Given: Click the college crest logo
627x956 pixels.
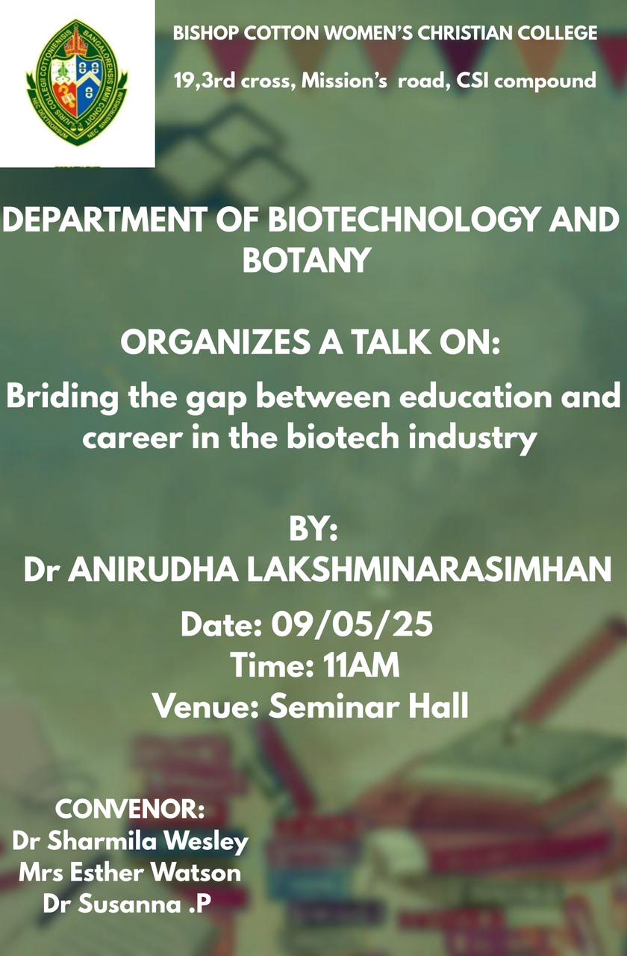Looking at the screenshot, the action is pyautogui.click(x=77, y=82).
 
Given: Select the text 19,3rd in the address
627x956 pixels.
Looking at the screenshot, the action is pyautogui.click(x=205, y=81).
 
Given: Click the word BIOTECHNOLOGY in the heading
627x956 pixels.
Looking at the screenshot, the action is pyautogui.click(x=404, y=220).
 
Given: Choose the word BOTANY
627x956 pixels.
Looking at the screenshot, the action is pyautogui.click(x=306, y=260).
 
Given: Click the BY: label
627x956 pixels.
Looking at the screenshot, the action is pyautogui.click(x=313, y=530).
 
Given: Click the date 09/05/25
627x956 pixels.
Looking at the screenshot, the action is pyautogui.click(x=352, y=624).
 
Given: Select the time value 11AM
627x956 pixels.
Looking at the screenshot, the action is pyautogui.click(x=361, y=665).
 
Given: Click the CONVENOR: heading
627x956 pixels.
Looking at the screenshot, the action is pyautogui.click(x=130, y=809).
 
